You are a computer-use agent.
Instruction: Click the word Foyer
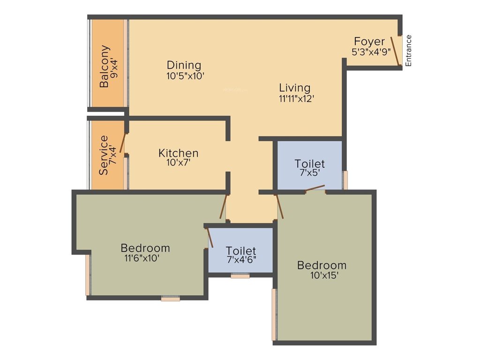pyautogui.click(x=369, y=41)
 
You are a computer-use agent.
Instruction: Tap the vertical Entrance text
pyautogui.click(x=408, y=51)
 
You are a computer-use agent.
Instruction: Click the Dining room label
pyautogui.click(x=184, y=65)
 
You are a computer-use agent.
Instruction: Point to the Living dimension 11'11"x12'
pyautogui.click(x=295, y=98)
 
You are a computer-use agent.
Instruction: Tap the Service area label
pyautogui.click(x=104, y=155)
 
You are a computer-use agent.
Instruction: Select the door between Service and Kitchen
pyautogui.click(x=123, y=143)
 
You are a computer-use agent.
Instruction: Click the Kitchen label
pyautogui.click(x=178, y=153)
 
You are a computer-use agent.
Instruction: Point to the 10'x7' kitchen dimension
pyautogui.click(x=178, y=163)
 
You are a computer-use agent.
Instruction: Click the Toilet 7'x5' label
pyautogui.click(x=309, y=164)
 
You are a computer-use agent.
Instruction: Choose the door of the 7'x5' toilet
pyautogui.click(x=315, y=188)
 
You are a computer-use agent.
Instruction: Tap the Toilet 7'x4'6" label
pyautogui.click(x=241, y=250)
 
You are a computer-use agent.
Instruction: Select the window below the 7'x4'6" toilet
pyautogui.click(x=240, y=276)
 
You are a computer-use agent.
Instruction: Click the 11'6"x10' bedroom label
pyautogui.click(x=145, y=248)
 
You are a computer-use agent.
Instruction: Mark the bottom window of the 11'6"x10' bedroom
pyautogui.click(x=170, y=298)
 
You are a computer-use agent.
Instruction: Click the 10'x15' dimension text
pyautogui.click(x=324, y=276)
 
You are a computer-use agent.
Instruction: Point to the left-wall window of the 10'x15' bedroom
pyautogui.click(x=274, y=314)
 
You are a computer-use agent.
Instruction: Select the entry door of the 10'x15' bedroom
pyautogui.click(x=280, y=207)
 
